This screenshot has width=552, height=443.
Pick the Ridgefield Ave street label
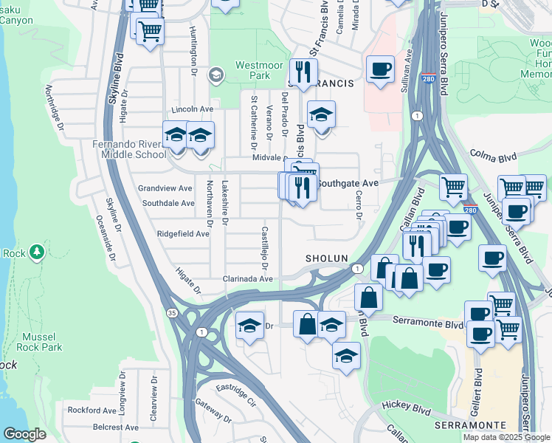(183, 233)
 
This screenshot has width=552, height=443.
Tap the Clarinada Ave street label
(249, 279)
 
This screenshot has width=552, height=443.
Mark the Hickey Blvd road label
(405, 406)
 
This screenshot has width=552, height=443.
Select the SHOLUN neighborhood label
(326, 258)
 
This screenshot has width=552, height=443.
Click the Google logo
(24, 434)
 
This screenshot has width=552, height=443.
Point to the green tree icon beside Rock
(35, 252)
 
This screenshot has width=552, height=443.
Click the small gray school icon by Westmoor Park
(215, 74)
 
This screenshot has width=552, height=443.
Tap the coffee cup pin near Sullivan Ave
(380, 70)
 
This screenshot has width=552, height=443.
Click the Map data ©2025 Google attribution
(506, 437)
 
